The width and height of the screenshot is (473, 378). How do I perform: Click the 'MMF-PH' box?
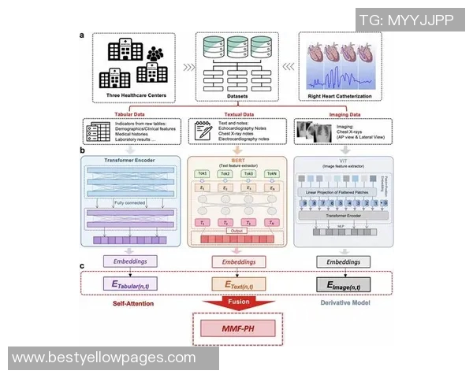[x=237, y=326]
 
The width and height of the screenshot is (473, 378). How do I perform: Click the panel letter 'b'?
[x=82, y=148]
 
